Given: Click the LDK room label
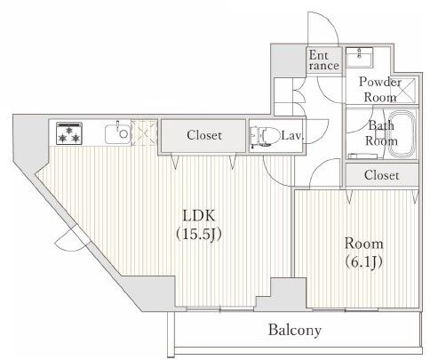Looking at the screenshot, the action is click(199, 216).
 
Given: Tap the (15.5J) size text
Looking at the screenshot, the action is click(199, 235).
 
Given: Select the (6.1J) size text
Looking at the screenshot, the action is click(364, 261).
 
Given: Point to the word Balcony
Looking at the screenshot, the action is click(295, 330).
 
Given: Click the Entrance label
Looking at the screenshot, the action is click(323, 60).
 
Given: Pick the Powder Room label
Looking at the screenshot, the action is click(380, 90).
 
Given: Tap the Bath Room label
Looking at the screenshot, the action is click(381, 133).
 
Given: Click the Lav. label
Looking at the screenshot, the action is click(292, 136).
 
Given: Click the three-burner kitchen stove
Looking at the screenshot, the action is click(69, 133).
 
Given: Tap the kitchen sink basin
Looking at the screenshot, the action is click(118, 134).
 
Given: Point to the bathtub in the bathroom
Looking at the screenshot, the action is click(402, 134).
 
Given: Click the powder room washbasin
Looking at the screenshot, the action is click(359, 58).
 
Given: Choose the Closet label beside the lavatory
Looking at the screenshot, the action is click(204, 135).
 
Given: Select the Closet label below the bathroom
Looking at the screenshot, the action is click(381, 175).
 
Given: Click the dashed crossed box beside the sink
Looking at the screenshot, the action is click(144, 132).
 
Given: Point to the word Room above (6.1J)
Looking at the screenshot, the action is click(364, 244).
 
